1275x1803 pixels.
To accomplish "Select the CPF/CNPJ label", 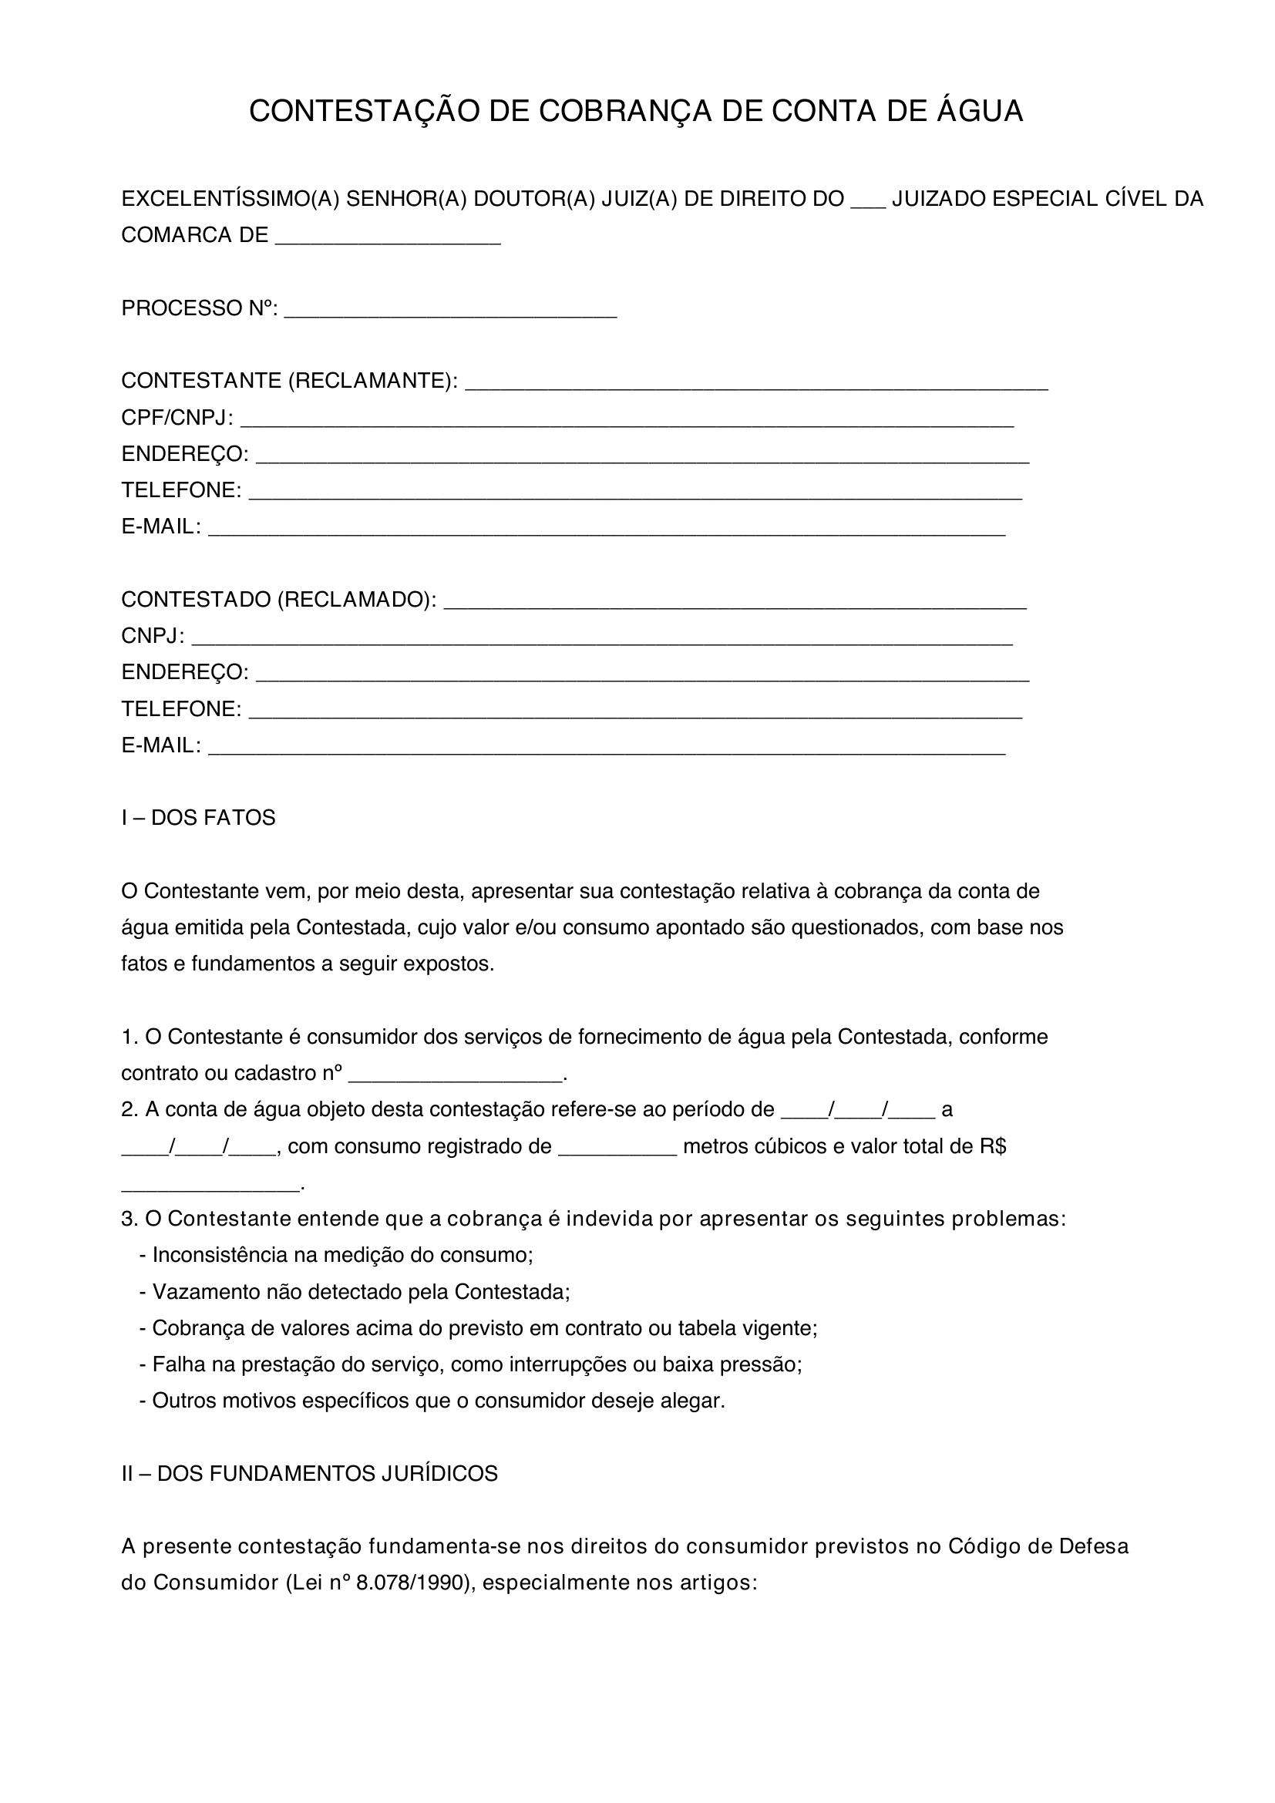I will point(177,418).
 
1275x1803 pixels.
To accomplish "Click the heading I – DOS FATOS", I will point(198,819).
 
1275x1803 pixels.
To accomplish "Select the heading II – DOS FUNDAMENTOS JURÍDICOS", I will point(309,1474).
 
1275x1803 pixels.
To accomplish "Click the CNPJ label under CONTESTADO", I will point(153,636).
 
